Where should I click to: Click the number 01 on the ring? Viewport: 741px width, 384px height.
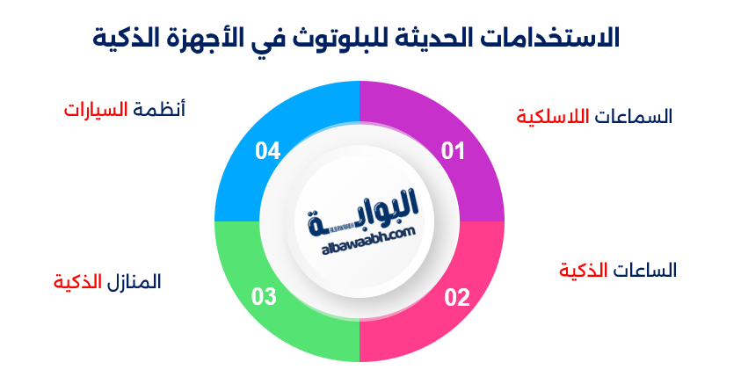coord(453,151)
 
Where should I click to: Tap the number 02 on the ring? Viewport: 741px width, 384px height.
coord(457,297)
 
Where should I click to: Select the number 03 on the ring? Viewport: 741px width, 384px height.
coord(265,297)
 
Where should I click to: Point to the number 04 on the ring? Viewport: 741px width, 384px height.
coord(268,151)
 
